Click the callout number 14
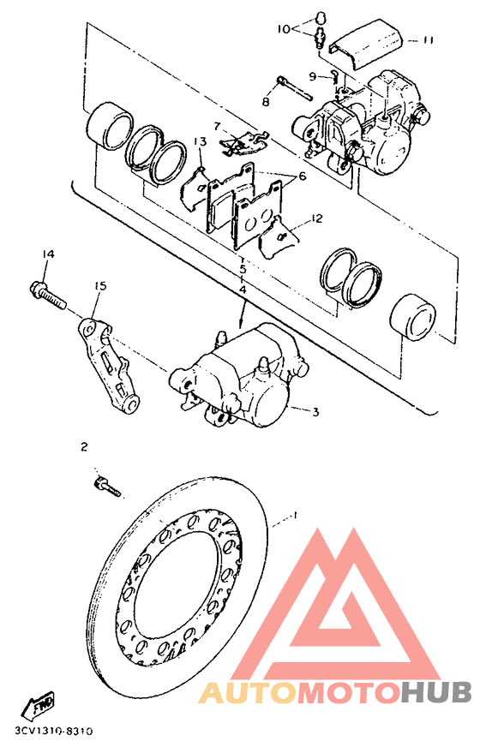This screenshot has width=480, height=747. (48, 254)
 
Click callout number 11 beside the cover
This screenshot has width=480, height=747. (428, 40)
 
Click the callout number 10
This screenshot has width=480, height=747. (284, 29)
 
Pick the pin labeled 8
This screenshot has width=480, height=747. (295, 88)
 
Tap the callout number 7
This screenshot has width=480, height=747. (218, 127)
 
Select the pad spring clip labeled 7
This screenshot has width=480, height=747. (244, 141)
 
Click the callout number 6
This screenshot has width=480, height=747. (302, 176)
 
